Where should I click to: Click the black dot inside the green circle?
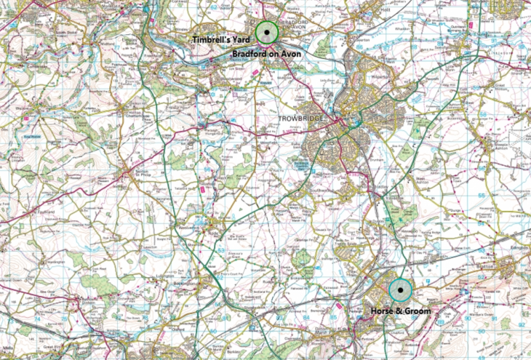tap(268, 32)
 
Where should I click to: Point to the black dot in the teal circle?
tap(400, 289)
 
